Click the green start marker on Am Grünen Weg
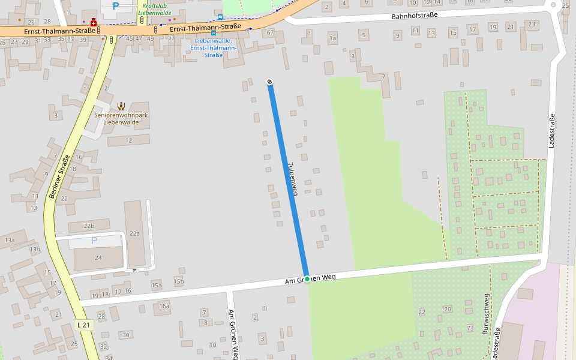click(307, 278)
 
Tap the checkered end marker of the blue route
click(270, 82)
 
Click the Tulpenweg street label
click(292, 178)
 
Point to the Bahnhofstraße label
click(415, 16)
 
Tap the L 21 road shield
click(85, 325)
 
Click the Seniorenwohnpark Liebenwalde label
click(121, 118)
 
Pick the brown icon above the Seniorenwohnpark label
click(121, 106)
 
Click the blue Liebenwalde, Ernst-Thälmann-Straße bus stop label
click(214, 47)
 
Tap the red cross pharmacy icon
click(93, 22)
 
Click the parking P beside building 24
click(94, 241)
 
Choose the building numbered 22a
click(134, 233)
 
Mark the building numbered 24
click(98, 257)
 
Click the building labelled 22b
click(89, 226)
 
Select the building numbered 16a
click(164, 306)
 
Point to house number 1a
click(332, 38)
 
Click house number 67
click(270, 32)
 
